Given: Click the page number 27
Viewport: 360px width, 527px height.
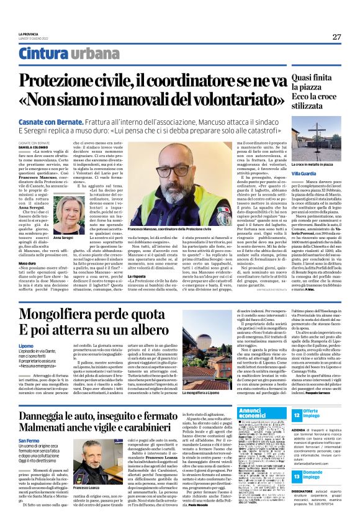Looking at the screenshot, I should (336, 37).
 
